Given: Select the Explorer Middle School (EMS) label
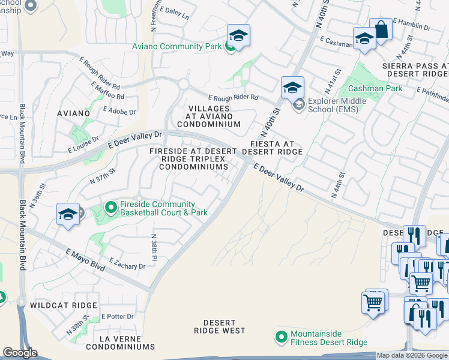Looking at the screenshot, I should coord(334,105).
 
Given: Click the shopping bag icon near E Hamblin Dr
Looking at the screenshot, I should coord(381,28).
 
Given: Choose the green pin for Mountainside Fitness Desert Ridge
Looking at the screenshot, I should coord(280,338).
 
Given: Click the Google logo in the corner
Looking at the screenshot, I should coord(20,353).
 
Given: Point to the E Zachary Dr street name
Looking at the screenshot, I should coord(127,264).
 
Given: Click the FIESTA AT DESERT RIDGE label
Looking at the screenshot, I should coord(273,148).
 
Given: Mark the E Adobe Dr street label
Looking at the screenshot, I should coord(119,111).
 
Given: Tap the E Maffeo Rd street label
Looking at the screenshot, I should coord(107,92).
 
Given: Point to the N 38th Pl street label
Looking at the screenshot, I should coord(154,247).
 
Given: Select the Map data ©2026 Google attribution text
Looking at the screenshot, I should coord(412,355).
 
